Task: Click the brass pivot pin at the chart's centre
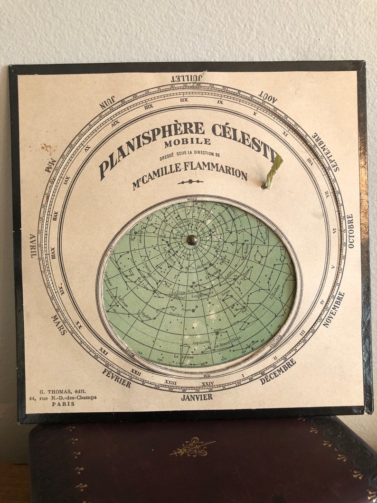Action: (192, 240)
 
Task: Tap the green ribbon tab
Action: (273, 171)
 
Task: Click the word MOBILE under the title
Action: (188, 141)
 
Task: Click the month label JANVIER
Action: (197, 397)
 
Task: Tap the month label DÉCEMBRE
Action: (278, 371)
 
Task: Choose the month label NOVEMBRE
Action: (334, 309)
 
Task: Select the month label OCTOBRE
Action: (350, 231)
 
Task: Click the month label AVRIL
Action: (33, 246)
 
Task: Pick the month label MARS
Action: (59, 324)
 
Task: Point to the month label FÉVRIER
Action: (117, 378)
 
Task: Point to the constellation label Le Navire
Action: (183, 356)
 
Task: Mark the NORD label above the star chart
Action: (192, 199)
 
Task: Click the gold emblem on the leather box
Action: (192, 446)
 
